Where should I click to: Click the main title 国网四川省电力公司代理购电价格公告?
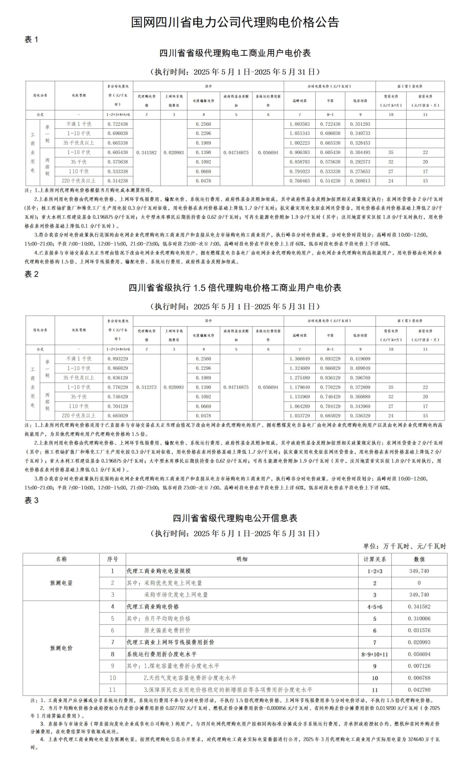click(235, 22)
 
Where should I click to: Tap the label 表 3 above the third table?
click(32, 500)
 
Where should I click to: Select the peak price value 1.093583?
click(299, 124)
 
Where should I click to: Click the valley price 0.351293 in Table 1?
click(360, 124)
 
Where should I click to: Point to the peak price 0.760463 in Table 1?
click(299, 181)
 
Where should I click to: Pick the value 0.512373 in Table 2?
click(147, 387)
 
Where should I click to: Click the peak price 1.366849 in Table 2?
click(299, 359)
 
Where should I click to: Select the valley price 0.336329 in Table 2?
click(360, 416)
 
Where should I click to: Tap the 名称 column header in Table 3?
click(61, 559)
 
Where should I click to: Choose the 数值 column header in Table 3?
click(419, 559)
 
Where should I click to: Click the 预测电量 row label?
click(61, 583)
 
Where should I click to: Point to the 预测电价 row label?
click(61, 648)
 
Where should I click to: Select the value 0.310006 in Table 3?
click(419, 619)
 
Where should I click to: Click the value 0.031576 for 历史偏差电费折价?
click(419, 630)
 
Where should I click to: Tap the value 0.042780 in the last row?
click(419, 690)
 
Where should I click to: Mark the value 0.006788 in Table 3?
click(419, 678)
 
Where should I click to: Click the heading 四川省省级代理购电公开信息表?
click(235, 518)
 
